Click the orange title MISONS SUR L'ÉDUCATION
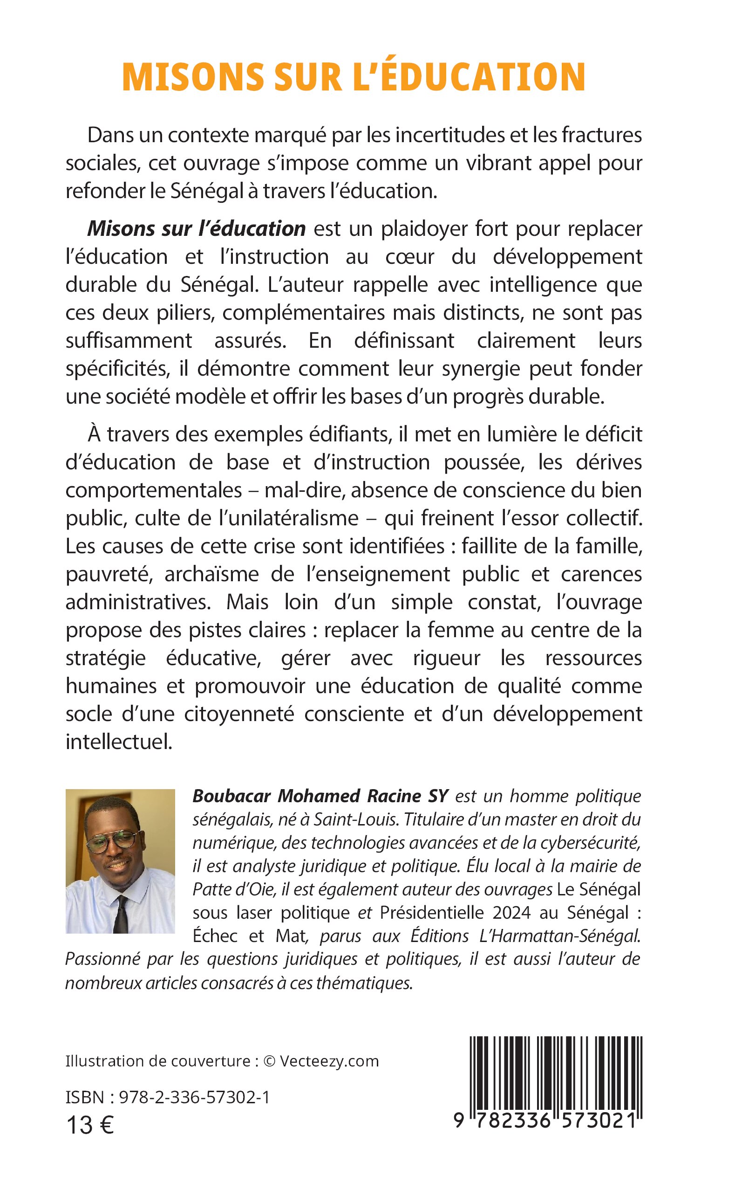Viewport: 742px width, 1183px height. [x=354, y=77]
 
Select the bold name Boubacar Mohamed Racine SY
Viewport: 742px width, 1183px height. [x=320, y=796]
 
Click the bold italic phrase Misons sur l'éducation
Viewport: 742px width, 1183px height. [x=196, y=228]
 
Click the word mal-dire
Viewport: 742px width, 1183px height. [x=304, y=490]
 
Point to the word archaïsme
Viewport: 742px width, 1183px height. [x=211, y=574]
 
